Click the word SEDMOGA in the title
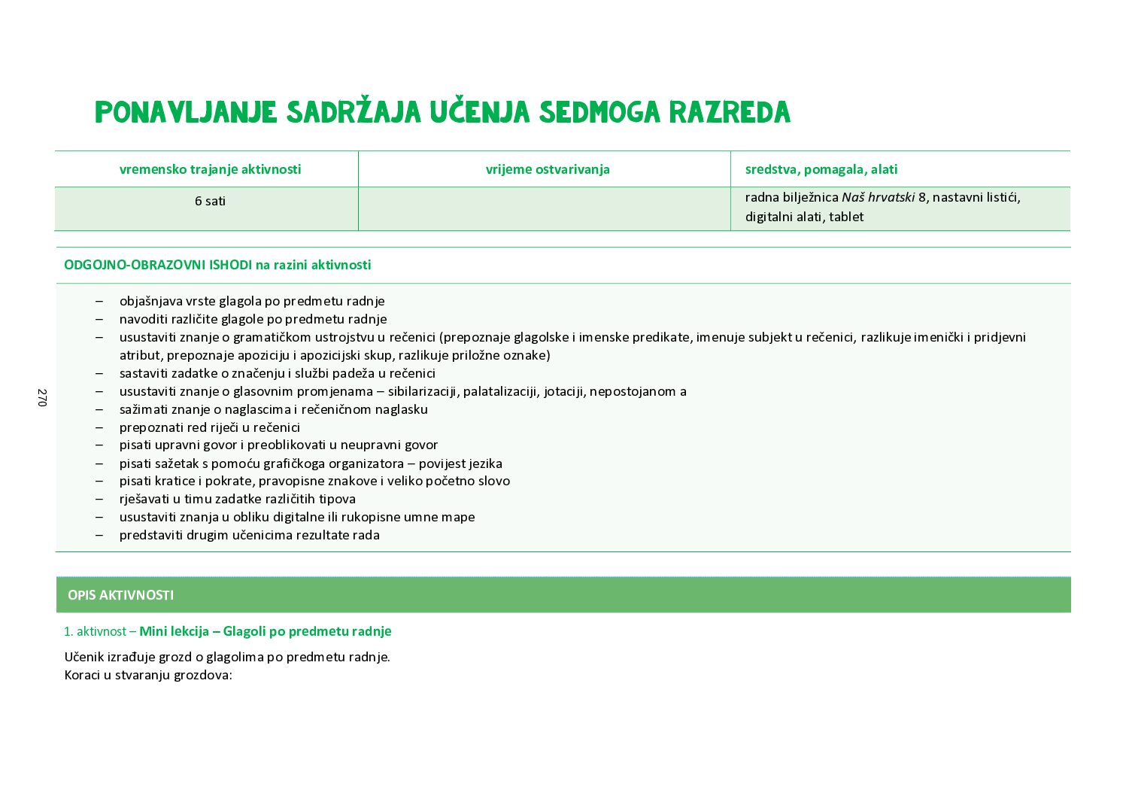pyautogui.click(x=599, y=113)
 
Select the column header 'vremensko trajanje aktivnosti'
pyautogui.click(x=210, y=169)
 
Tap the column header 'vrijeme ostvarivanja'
pyautogui.click(x=548, y=169)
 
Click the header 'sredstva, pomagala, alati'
pyautogui.click(x=821, y=169)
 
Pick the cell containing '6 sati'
pyautogui.click(x=210, y=201)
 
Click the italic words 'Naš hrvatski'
pyautogui.click(x=878, y=197)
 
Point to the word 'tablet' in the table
pyautogui.click(x=846, y=217)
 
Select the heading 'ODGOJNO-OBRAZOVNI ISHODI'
pyautogui.click(x=157, y=265)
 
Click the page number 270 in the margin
pyautogui.click(x=42, y=398)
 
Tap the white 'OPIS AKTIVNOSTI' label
pyautogui.click(x=120, y=595)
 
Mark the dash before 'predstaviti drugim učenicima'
pyautogui.click(x=99, y=535)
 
